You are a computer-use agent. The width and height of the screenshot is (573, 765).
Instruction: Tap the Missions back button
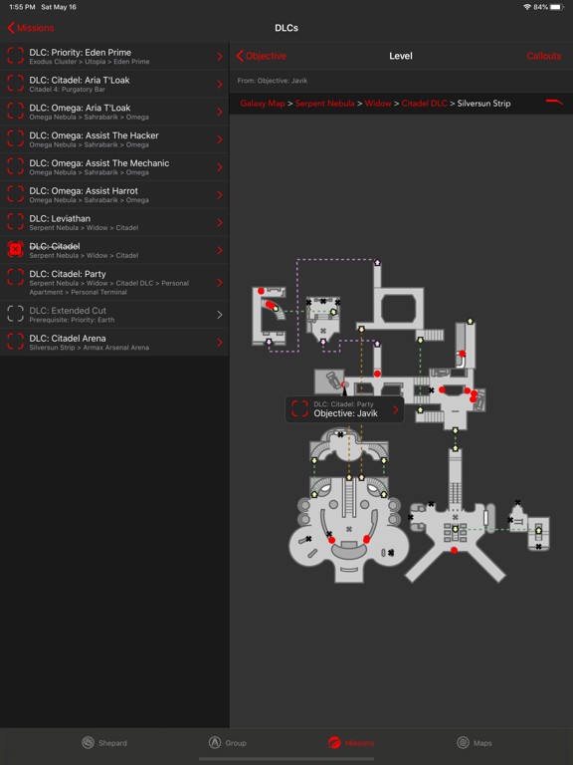point(32,28)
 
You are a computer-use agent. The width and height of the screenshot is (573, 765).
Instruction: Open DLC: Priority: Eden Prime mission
point(114,56)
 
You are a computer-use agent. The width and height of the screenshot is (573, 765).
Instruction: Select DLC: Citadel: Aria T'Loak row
point(114,84)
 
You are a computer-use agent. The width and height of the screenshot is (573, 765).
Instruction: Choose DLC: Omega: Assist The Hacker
point(114,139)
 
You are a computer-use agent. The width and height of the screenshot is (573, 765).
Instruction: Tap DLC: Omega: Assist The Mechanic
point(114,167)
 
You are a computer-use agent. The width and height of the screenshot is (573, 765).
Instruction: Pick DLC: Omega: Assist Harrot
point(114,194)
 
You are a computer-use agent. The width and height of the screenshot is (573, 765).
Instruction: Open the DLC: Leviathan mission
point(114,222)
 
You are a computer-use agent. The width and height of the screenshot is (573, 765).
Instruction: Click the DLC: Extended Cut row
point(114,315)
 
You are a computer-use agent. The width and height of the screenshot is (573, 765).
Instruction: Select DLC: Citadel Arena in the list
point(114,342)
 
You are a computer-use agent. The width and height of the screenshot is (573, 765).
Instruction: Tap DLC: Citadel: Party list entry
point(114,282)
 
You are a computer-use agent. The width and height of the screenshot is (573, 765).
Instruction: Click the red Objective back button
point(262,56)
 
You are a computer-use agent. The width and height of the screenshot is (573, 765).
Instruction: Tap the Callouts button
point(543,56)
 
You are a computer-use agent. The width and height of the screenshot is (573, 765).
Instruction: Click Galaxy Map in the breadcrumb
point(263,104)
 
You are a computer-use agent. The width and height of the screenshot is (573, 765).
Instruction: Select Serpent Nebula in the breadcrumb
point(324,104)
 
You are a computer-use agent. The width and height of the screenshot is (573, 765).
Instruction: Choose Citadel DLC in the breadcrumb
point(424,104)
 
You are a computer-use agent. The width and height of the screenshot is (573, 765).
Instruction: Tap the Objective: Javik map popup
point(344,409)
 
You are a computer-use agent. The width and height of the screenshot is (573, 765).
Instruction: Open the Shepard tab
point(104,742)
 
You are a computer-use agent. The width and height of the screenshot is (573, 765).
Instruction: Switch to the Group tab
point(228,742)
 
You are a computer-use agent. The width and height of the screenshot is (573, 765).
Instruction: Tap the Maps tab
point(475,742)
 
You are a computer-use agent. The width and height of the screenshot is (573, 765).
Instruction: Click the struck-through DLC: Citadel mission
point(114,250)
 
